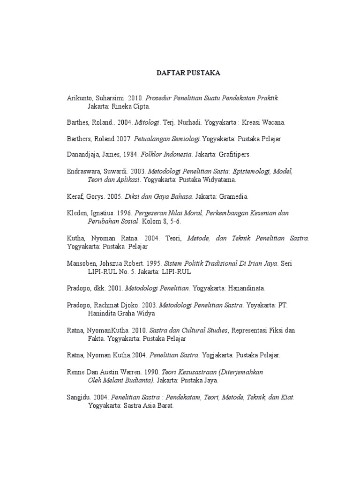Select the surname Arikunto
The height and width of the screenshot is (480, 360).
(x=79, y=98)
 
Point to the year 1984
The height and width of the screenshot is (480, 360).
(x=123, y=154)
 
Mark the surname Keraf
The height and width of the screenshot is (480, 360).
(x=75, y=196)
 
